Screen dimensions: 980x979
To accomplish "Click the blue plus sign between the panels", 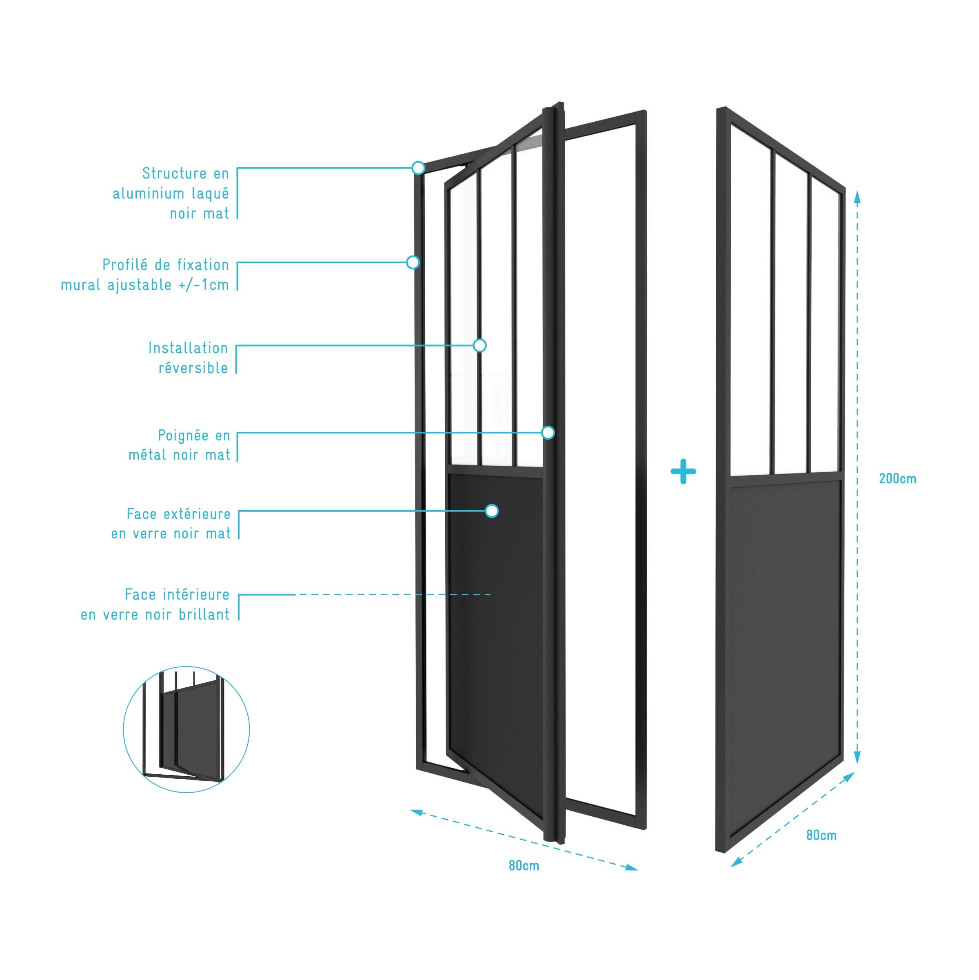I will (x=683, y=471).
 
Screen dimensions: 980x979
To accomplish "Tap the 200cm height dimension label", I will (x=897, y=478).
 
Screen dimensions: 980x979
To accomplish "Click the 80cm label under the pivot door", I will (x=524, y=865).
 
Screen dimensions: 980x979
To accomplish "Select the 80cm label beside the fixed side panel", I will (x=821, y=835).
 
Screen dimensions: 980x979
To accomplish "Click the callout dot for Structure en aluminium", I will (x=418, y=168).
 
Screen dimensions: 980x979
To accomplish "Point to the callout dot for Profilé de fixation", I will (x=413, y=262).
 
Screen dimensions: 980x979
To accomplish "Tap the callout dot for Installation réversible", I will (x=480, y=345).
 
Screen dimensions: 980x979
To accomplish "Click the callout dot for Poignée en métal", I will (x=548, y=433).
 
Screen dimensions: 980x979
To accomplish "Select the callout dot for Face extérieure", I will (x=491, y=511).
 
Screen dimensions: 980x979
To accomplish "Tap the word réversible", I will (x=193, y=368).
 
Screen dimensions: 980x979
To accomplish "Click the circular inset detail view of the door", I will (x=186, y=729).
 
